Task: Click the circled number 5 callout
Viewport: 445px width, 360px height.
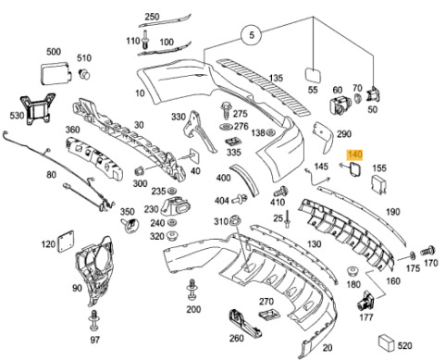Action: [252, 35]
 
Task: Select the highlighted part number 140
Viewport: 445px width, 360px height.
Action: [354, 155]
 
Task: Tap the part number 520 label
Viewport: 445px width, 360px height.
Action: [404, 345]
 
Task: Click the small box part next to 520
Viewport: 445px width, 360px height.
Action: [387, 342]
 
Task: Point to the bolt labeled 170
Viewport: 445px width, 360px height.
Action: [428, 250]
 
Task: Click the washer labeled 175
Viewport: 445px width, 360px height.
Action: [412, 255]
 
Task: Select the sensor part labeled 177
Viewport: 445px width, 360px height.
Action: [365, 301]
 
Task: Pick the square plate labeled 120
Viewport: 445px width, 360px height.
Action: [66, 241]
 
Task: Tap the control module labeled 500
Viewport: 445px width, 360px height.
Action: [56, 73]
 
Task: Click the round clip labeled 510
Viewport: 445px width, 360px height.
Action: [84, 74]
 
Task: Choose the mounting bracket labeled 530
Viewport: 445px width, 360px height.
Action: [38, 109]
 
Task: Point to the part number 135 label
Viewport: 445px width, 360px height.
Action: [276, 78]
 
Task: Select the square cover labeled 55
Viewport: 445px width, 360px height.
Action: [313, 75]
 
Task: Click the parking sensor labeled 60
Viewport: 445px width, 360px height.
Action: [340, 105]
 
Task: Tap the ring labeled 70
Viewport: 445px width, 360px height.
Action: [357, 98]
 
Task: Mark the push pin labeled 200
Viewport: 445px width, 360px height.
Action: [192, 290]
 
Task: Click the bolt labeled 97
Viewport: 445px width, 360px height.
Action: [94, 320]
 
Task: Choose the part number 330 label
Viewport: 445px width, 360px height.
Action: [179, 117]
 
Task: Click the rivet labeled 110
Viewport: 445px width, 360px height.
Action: [145, 39]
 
